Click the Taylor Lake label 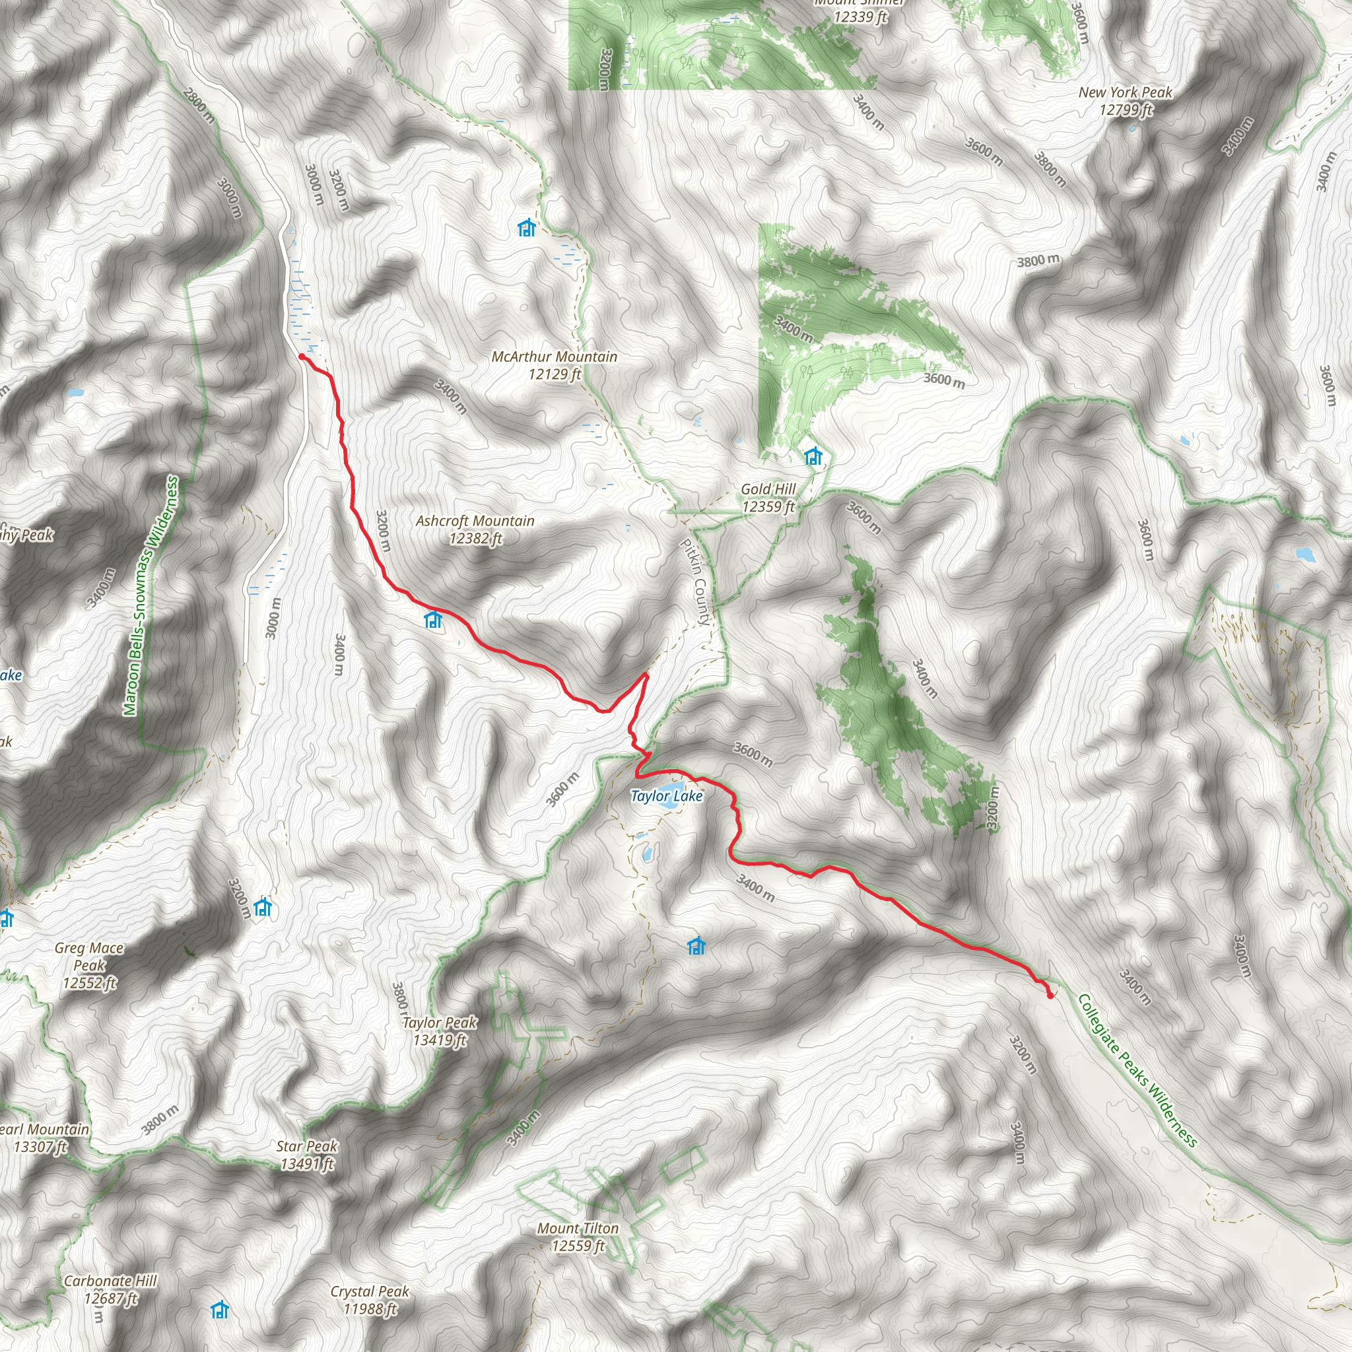(666, 796)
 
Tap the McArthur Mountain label (555, 365)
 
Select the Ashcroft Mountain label (475, 529)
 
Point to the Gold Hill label (768, 498)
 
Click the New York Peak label (1126, 101)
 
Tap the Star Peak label (306, 1155)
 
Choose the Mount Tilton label (578, 1236)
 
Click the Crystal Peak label (370, 1299)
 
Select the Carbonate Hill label (110, 1289)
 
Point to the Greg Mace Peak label (90, 966)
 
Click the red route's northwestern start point (302, 357)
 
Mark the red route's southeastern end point (1050, 996)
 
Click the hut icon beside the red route (434, 619)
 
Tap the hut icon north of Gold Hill (813, 456)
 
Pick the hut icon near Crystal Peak (220, 1310)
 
